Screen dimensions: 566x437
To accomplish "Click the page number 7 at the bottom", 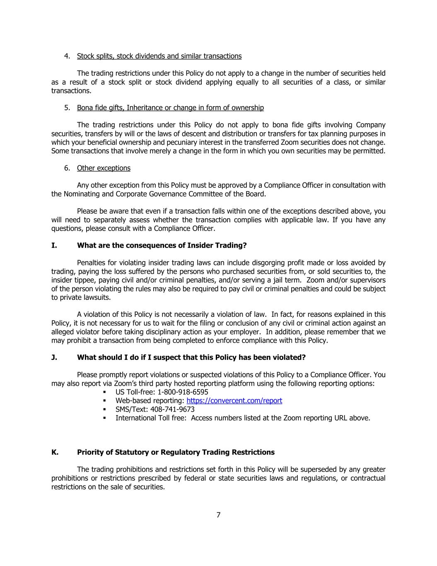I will tap(218, 515).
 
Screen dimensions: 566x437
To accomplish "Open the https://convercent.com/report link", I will tap(234, 401).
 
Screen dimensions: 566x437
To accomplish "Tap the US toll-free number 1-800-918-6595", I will tap(183, 392).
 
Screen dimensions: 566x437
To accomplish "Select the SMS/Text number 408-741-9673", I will tap(173, 409).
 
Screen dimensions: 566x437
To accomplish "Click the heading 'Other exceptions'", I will tap(104, 168).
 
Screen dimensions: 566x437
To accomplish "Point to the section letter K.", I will tap(55, 452).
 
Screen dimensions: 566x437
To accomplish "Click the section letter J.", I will tap(54, 357).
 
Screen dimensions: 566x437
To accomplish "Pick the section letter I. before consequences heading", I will tap(54, 245).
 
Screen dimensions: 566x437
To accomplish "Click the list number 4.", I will tap(67, 56).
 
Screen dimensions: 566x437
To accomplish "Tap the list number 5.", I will tap(67, 108).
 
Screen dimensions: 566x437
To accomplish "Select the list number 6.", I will tap(67, 168).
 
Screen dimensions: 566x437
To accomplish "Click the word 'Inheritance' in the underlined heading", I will tap(145, 108).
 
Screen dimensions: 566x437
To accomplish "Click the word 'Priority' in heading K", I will tap(91, 452).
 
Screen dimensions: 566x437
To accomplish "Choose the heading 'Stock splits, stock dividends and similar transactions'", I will tap(159, 56).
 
